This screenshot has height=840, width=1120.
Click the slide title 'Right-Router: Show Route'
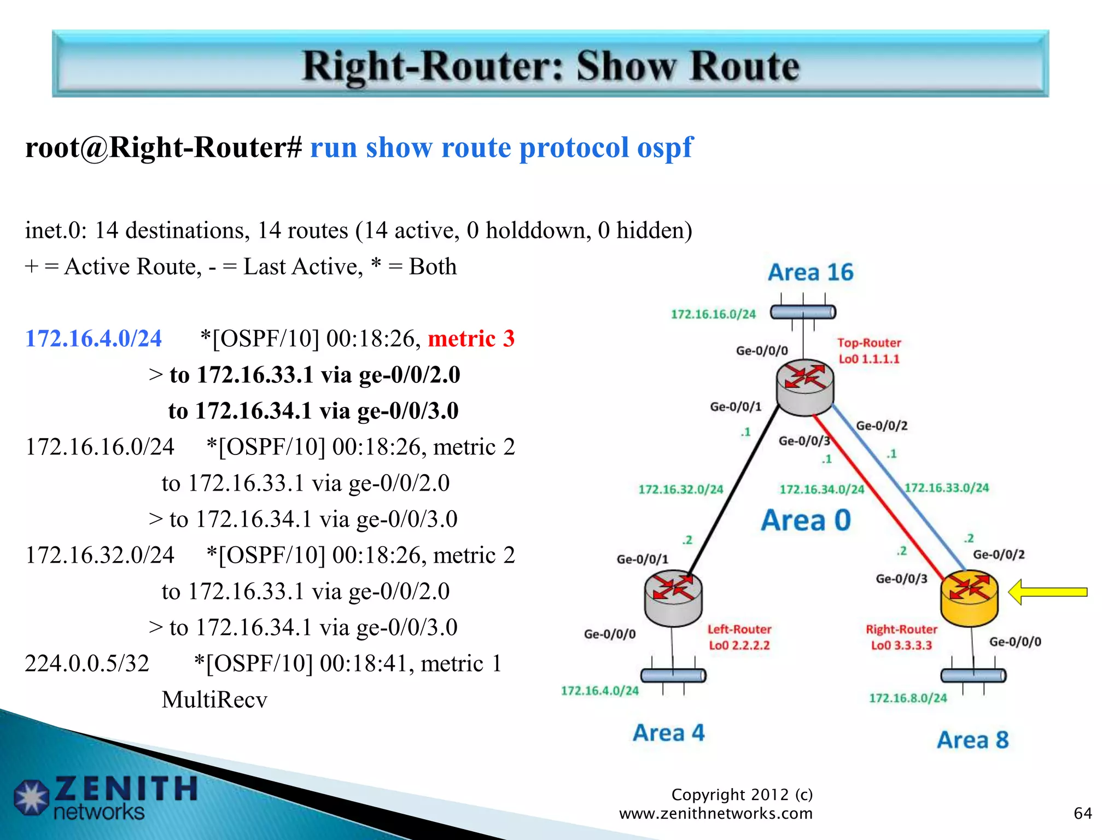pyautogui.click(x=551, y=66)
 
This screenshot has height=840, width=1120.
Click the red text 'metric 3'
pyautogui.click(x=471, y=339)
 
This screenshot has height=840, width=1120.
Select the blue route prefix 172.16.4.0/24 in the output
pyautogui.click(x=94, y=339)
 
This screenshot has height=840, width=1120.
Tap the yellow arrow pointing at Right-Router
pyautogui.click(x=1047, y=592)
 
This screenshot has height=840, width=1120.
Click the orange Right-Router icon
pyautogui.click(x=969, y=598)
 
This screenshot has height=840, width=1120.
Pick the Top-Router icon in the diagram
pyautogui.click(x=805, y=387)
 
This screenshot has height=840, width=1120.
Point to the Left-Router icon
pyautogui.click(x=673, y=598)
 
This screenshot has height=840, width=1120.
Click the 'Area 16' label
pyautogui.click(x=810, y=272)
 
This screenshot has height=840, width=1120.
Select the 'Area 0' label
pyautogui.click(x=806, y=520)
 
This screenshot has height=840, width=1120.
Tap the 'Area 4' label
pyautogui.click(x=668, y=733)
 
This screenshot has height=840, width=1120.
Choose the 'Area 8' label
pyautogui.click(x=972, y=740)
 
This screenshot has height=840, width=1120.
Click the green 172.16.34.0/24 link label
pyautogui.click(x=821, y=489)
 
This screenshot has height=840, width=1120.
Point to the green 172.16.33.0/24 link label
pyautogui.click(x=947, y=487)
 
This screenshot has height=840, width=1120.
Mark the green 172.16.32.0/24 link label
pyautogui.click(x=680, y=489)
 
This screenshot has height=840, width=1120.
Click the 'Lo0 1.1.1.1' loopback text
pyautogui.click(x=869, y=359)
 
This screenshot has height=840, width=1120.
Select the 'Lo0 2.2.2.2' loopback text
pyautogui.click(x=739, y=645)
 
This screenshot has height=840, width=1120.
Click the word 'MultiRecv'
pyautogui.click(x=214, y=699)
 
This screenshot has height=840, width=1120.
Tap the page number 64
pyautogui.click(x=1082, y=813)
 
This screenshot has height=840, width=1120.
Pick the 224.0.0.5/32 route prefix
pyautogui.click(x=87, y=663)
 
